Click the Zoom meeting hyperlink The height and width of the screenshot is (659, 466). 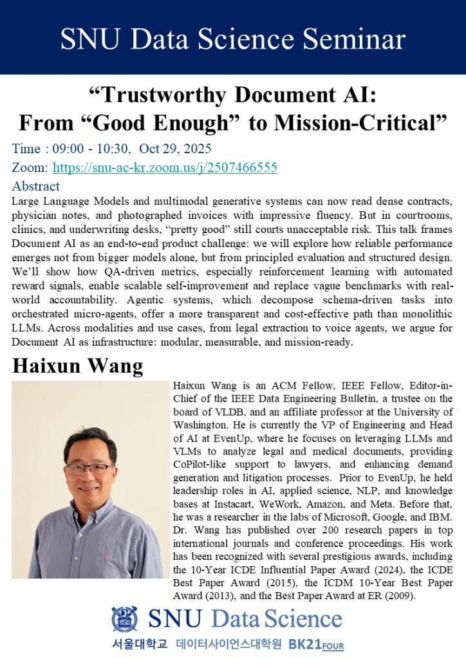pyautogui.click(x=165, y=168)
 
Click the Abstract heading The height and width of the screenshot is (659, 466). pyautogui.click(x=36, y=187)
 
